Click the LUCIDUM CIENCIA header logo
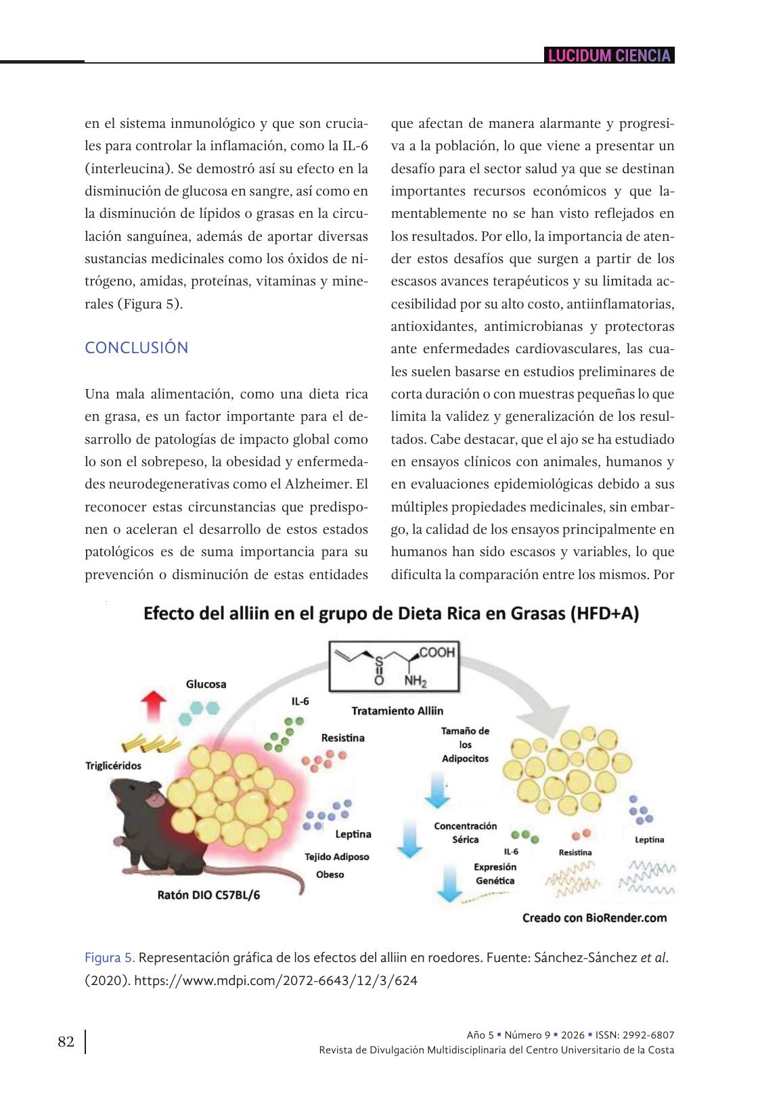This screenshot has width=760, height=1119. tap(609, 55)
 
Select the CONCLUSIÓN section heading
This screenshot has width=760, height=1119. tap(136, 348)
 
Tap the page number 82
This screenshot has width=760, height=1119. tap(66, 1041)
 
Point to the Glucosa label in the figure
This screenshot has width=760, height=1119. tap(206, 684)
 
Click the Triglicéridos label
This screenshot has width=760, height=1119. tap(113, 765)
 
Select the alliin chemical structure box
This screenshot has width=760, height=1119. tap(393, 666)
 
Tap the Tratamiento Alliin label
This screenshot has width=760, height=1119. tap(397, 711)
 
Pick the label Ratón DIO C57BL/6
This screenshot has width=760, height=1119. tap(208, 894)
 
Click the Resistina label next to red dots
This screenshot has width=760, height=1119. tap(342, 737)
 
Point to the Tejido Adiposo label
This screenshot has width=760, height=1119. tap(337, 857)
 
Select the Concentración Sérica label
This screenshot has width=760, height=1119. tap(465, 833)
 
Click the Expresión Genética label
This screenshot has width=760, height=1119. tap(495, 873)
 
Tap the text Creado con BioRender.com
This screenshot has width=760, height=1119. tap(594, 918)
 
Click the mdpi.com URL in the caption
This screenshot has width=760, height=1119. tap(276, 980)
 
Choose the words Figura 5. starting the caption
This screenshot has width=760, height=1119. tap(110, 958)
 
